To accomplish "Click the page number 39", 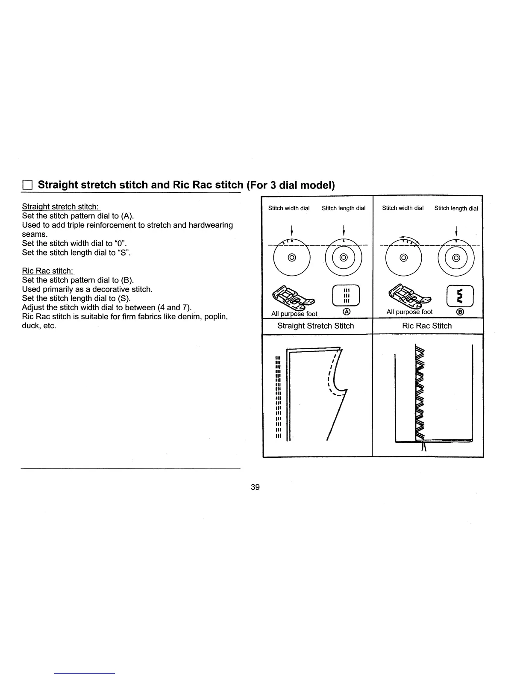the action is (255, 487).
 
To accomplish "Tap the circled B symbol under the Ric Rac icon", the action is (460, 312).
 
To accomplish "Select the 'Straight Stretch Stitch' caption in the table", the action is (315, 326).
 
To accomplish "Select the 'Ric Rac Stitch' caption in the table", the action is (427, 326).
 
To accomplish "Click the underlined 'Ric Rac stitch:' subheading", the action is (48, 271).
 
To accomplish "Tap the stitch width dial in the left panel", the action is (291, 258).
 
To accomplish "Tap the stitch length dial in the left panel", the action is (344, 258).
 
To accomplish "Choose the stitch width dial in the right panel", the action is (404, 258).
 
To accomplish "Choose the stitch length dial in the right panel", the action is (456, 258).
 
